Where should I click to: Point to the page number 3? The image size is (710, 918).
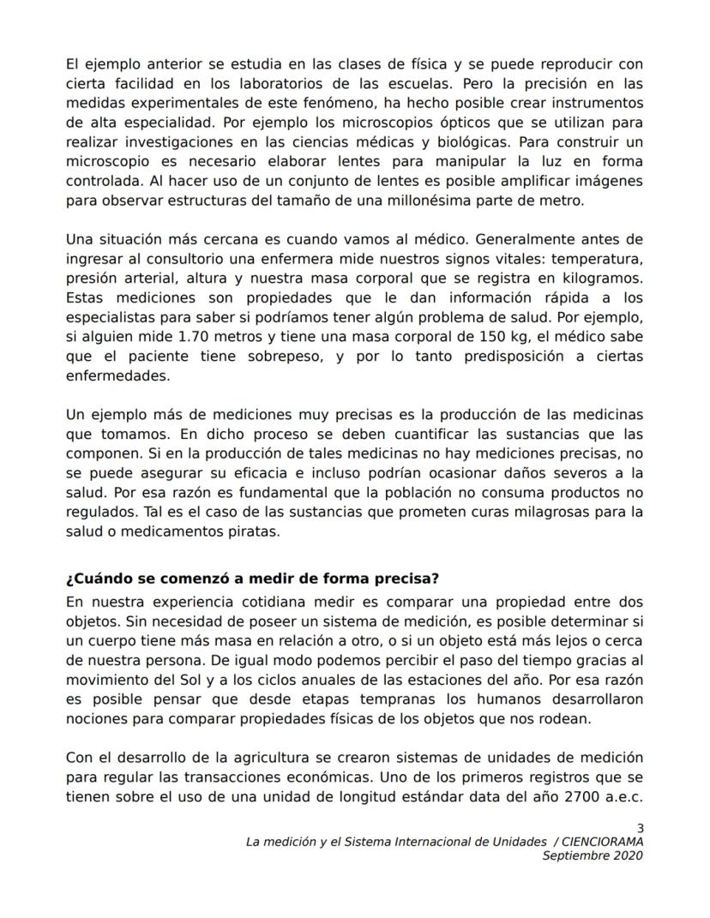[x=640, y=828]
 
